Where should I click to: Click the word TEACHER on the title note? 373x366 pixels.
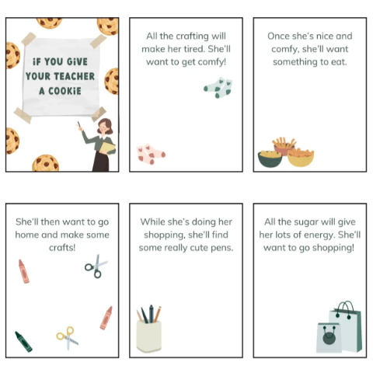pos(74,76)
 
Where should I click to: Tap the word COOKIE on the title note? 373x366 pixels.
pos(64,91)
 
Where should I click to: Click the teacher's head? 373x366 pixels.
pos(105,126)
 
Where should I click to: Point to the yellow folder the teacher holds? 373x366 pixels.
pos(108,148)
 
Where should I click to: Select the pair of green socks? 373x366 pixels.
pos(218,88)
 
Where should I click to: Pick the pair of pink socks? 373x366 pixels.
pos(151,154)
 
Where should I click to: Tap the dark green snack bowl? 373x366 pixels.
pos(270,158)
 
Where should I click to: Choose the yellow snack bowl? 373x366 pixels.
pos(301,157)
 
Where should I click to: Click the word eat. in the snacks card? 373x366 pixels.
pos(338,62)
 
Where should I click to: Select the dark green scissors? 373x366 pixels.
pos(96,267)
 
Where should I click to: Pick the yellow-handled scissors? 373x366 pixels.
pos(68,338)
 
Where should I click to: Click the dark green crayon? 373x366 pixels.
pos(23,342)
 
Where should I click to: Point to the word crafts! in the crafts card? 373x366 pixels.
pos(62,248)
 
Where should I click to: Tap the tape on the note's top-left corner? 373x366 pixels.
pos(28,38)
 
